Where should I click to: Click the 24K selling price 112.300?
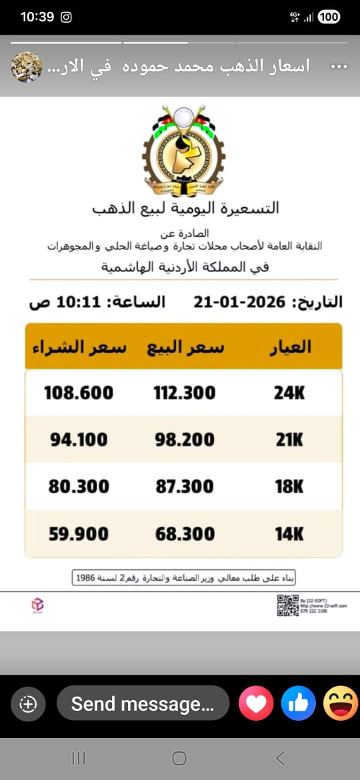click(x=185, y=393)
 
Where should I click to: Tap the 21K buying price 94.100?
click(x=79, y=439)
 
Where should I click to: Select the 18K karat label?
click(x=289, y=487)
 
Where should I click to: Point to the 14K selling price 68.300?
click(x=185, y=534)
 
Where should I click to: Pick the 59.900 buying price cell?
click(x=79, y=534)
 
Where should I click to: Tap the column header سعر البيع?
click(x=185, y=347)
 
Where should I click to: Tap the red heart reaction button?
click(x=256, y=703)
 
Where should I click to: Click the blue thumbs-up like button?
click(x=298, y=703)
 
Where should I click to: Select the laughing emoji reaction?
click(x=340, y=703)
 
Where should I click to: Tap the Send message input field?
click(x=143, y=703)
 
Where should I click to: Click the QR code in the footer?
click(x=287, y=605)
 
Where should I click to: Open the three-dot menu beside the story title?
click(x=339, y=67)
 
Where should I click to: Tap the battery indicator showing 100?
click(x=329, y=17)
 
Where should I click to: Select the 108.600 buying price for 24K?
click(x=79, y=393)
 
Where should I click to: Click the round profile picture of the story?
click(x=27, y=67)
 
